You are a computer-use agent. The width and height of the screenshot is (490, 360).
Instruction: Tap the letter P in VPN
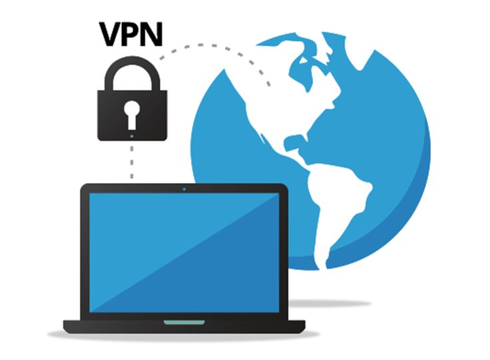[133, 35]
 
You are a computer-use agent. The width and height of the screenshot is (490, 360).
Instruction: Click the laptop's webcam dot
[184, 189]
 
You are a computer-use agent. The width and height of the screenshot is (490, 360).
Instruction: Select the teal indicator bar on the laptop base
[184, 322]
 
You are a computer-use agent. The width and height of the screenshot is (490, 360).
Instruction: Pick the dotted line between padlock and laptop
[132, 160]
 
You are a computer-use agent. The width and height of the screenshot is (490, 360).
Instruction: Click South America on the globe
[340, 200]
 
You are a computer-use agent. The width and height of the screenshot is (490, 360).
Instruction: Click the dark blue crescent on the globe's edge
[413, 200]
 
